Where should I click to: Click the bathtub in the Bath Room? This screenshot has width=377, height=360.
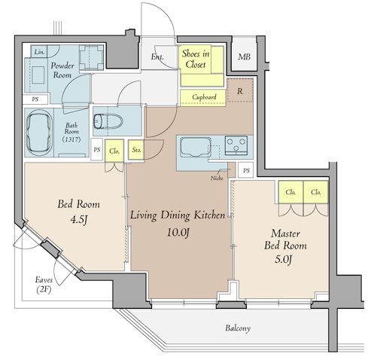pyautogui.click(x=39, y=133)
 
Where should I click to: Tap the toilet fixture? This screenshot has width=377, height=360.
pyautogui.click(x=108, y=121)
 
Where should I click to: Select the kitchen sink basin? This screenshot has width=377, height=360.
pyautogui.click(x=196, y=147)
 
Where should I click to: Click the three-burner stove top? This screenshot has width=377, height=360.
pyautogui.click(x=236, y=145)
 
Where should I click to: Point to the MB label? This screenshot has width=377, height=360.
pyautogui.click(x=244, y=56)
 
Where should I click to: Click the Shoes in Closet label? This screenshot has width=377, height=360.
pyautogui.click(x=196, y=59)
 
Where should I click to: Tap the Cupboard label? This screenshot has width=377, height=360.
pyautogui.click(x=204, y=97)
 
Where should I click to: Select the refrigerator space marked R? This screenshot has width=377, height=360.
pyautogui.click(x=240, y=90)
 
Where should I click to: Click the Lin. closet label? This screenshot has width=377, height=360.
pyautogui.click(x=40, y=52)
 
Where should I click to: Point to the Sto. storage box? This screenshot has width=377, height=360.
pyautogui.click(x=136, y=150)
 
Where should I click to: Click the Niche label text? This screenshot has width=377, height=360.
pyautogui.click(x=217, y=178)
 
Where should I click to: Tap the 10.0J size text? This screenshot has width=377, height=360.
pyautogui.click(x=178, y=233)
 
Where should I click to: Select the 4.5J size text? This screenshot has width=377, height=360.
pyautogui.click(x=79, y=220)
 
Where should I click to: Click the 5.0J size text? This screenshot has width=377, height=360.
pyautogui.click(x=283, y=259)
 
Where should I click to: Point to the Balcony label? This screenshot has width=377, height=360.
pyautogui.click(x=238, y=328)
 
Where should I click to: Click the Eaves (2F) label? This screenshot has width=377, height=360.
pyautogui.click(x=44, y=285)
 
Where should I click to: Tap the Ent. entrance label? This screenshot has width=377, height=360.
pyautogui.click(x=157, y=56)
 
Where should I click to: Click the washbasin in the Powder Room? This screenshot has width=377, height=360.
pyautogui.click(x=38, y=75)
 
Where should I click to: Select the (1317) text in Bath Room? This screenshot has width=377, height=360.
pyautogui.click(x=71, y=139)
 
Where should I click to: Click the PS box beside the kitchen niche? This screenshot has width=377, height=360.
pyautogui.click(x=246, y=170)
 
